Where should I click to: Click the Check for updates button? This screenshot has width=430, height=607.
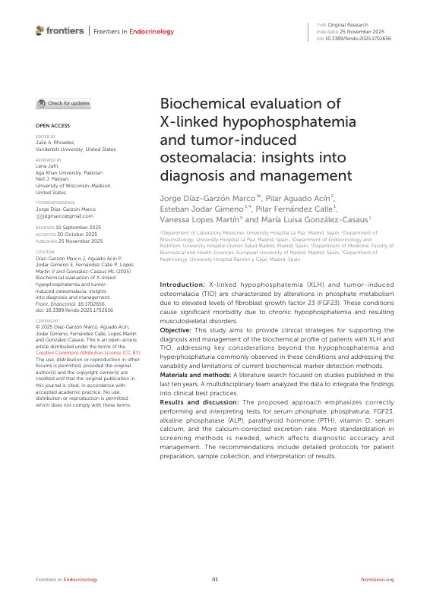tap(64, 103)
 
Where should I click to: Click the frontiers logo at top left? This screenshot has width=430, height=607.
tap(60, 31)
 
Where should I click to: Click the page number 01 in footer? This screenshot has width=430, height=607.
tap(215, 579)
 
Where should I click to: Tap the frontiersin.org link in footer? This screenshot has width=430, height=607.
tap(378, 579)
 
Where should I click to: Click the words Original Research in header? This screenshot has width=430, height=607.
tap(347, 25)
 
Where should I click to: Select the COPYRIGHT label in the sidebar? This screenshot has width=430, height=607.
tap(47, 321)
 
